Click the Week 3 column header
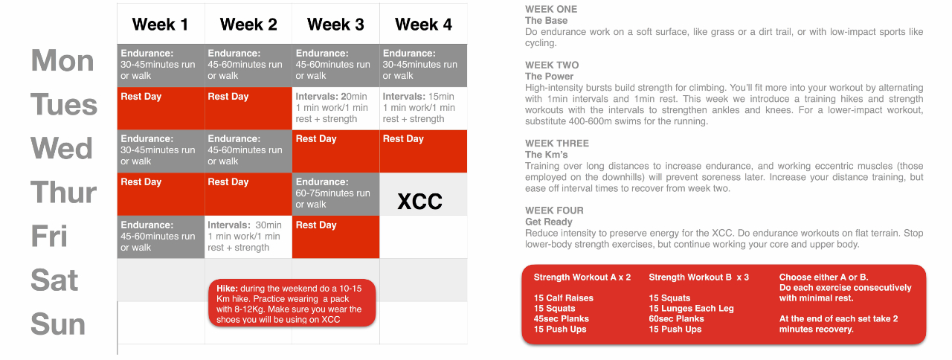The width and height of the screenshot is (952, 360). click(335, 25)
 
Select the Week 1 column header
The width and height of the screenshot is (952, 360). click(160, 25)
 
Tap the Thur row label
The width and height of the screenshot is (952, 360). click(63, 193)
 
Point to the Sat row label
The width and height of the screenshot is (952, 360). click(54, 280)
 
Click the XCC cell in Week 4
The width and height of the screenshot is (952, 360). click(423, 194)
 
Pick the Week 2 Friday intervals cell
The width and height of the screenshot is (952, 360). click(248, 237)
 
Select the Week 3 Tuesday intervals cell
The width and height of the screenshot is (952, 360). click(335, 109)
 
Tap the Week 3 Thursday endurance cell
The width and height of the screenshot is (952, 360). click(335, 194)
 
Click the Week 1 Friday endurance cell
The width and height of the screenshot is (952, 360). click(161, 237)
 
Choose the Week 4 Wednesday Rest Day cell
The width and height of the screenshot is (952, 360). click(423, 151)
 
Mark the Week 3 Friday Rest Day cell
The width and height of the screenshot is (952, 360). click(335, 237)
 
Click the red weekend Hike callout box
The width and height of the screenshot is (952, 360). click(292, 303)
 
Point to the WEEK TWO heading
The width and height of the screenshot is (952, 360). click(552, 65)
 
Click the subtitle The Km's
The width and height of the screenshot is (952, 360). click(546, 155)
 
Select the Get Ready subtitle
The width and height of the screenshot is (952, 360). click(549, 222)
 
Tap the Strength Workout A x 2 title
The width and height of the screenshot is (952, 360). click(582, 277)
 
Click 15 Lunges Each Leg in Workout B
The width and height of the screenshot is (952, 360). click(691, 309)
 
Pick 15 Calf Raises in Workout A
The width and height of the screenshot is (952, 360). click(564, 298)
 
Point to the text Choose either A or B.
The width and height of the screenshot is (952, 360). click(823, 277)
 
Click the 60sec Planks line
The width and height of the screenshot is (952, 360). click(676, 319)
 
